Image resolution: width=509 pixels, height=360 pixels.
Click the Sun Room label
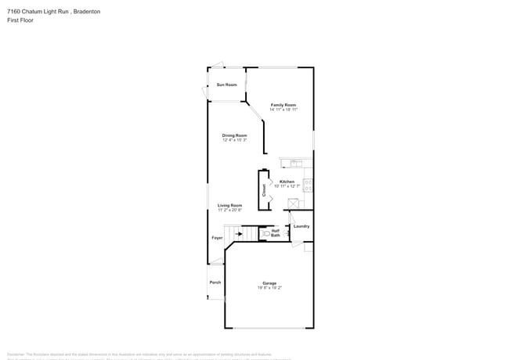pyautogui.click(x=226, y=85)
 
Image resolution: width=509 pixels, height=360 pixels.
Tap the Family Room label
pyautogui.click(x=283, y=105)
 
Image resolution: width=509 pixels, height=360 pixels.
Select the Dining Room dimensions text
pyautogui.click(x=235, y=140)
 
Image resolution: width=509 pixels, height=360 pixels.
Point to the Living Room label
pyautogui.click(x=229, y=205)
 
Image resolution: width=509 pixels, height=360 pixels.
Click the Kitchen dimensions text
pyautogui.click(x=287, y=186)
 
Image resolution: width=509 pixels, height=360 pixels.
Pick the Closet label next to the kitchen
pyautogui.click(x=264, y=189)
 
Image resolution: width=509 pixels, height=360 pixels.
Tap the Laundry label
pyautogui.click(x=301, y=226)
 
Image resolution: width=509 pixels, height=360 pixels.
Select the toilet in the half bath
pyautogui.click(x=265, y=232)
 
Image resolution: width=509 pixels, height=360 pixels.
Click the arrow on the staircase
pyautogui.click(x=239, y=233)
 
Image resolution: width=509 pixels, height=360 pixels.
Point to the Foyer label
pyautogui.click(x=217, y=237)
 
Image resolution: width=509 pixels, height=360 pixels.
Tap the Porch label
pyautogui.click(x=215, y=282)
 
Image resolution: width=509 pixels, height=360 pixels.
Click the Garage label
pyautogui.click(x=269, y=283)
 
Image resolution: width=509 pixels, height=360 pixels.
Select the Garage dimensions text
pyautogui.click(x=269, y=288)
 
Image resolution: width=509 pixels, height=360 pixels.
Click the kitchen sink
pyautogui.click(x=296, y=164)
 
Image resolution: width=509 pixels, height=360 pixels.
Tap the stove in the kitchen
pyautogui.click(x=308, y=185)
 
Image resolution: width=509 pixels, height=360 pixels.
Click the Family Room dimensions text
pyautogui.click(x=283, y=110)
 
